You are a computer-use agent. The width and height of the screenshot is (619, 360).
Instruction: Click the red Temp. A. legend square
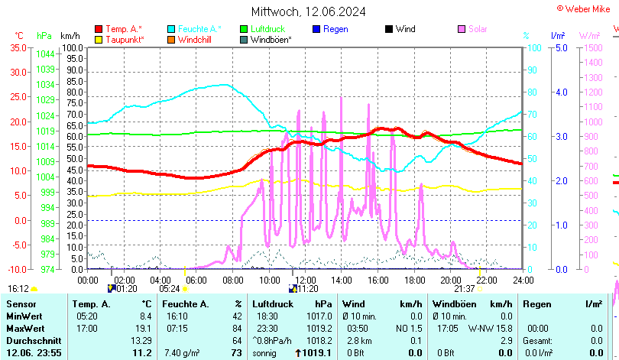(x=99, y=29)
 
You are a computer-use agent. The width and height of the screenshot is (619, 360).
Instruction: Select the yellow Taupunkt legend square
(x=99, y=39)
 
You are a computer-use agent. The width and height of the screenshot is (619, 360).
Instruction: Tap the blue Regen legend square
(x=316, y=29)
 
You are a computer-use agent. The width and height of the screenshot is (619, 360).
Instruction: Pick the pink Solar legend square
(x=461, y=29)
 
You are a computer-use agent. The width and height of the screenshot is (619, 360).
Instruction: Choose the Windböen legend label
(x=271, y=39)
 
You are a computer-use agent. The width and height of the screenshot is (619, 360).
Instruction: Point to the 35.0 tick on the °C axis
(x=18, y=47)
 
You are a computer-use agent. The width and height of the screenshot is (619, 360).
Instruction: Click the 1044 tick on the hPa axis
(x=45, y=54)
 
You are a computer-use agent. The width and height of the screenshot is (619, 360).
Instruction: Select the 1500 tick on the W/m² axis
(x=592, y=47)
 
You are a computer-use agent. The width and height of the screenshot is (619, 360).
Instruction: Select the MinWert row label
(x=24, y=316)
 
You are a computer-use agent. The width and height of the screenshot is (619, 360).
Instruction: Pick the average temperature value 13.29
(x=141, y=340)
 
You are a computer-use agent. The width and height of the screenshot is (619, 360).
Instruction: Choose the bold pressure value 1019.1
(x=316, y=352)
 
